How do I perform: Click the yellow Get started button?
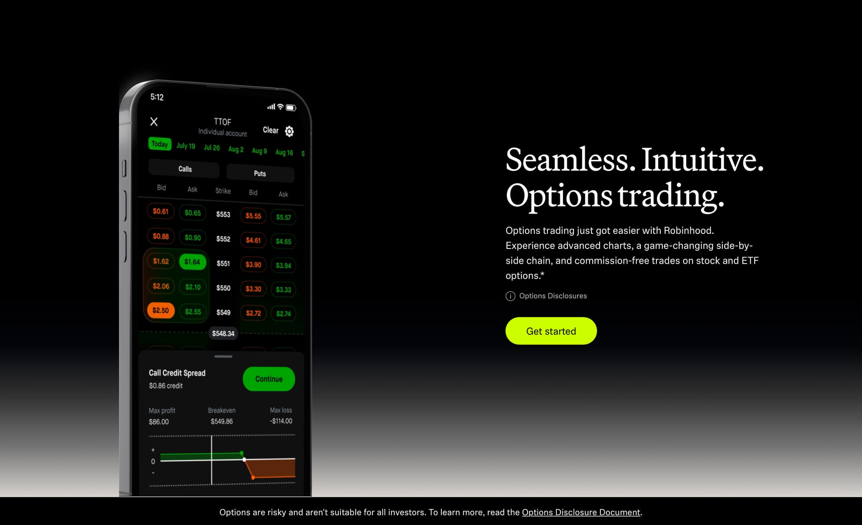click(x=551, y=331)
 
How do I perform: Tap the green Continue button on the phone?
click(x=269, y=379)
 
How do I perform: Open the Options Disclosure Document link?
click(x=581, y=512)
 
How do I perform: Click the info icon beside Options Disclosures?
click(x=510, y=296)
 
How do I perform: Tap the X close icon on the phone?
click(x=154, y=121)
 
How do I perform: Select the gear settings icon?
click(x=289, y=131)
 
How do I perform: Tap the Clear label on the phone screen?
click(x=271, y=130)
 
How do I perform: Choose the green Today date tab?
click(x=160, y=144)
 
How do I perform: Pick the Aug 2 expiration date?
click(x=236, y=149)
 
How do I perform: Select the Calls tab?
click(x=184, y=169)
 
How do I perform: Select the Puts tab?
click(x=260, y=173)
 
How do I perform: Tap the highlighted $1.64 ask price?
click(x=192, y=262)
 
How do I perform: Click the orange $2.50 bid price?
click(x=161, y=311)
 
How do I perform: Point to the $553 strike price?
click(x=223, y=214)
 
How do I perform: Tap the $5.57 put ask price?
click(x=284, y=217)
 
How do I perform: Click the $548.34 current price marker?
click(x=223, y=333)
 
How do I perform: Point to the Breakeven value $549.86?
click(x=222, y=422)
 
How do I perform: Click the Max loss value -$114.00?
click(x=281, y=421)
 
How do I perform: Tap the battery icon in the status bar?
click(x=291, y=108)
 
